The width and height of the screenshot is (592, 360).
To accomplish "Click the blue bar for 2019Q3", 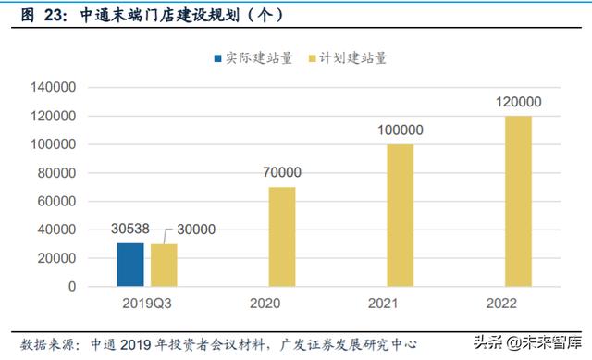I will click(130, 265).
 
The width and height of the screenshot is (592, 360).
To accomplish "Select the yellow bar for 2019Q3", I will click(164, 266).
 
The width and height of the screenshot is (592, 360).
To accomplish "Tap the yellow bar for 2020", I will click(282, 237).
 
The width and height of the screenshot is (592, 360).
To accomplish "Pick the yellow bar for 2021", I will click(400, 216).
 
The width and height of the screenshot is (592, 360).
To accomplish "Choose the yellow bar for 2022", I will click(518, 201).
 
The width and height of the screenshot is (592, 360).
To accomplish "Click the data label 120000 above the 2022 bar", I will click(518, 103).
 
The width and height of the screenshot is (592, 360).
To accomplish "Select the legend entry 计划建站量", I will click(351, 57).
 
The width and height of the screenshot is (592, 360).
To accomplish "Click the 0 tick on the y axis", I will click(72, 287).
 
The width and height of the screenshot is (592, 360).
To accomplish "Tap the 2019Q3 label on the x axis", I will click(147, 303).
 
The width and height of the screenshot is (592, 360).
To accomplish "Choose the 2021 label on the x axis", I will click(400, 303).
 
